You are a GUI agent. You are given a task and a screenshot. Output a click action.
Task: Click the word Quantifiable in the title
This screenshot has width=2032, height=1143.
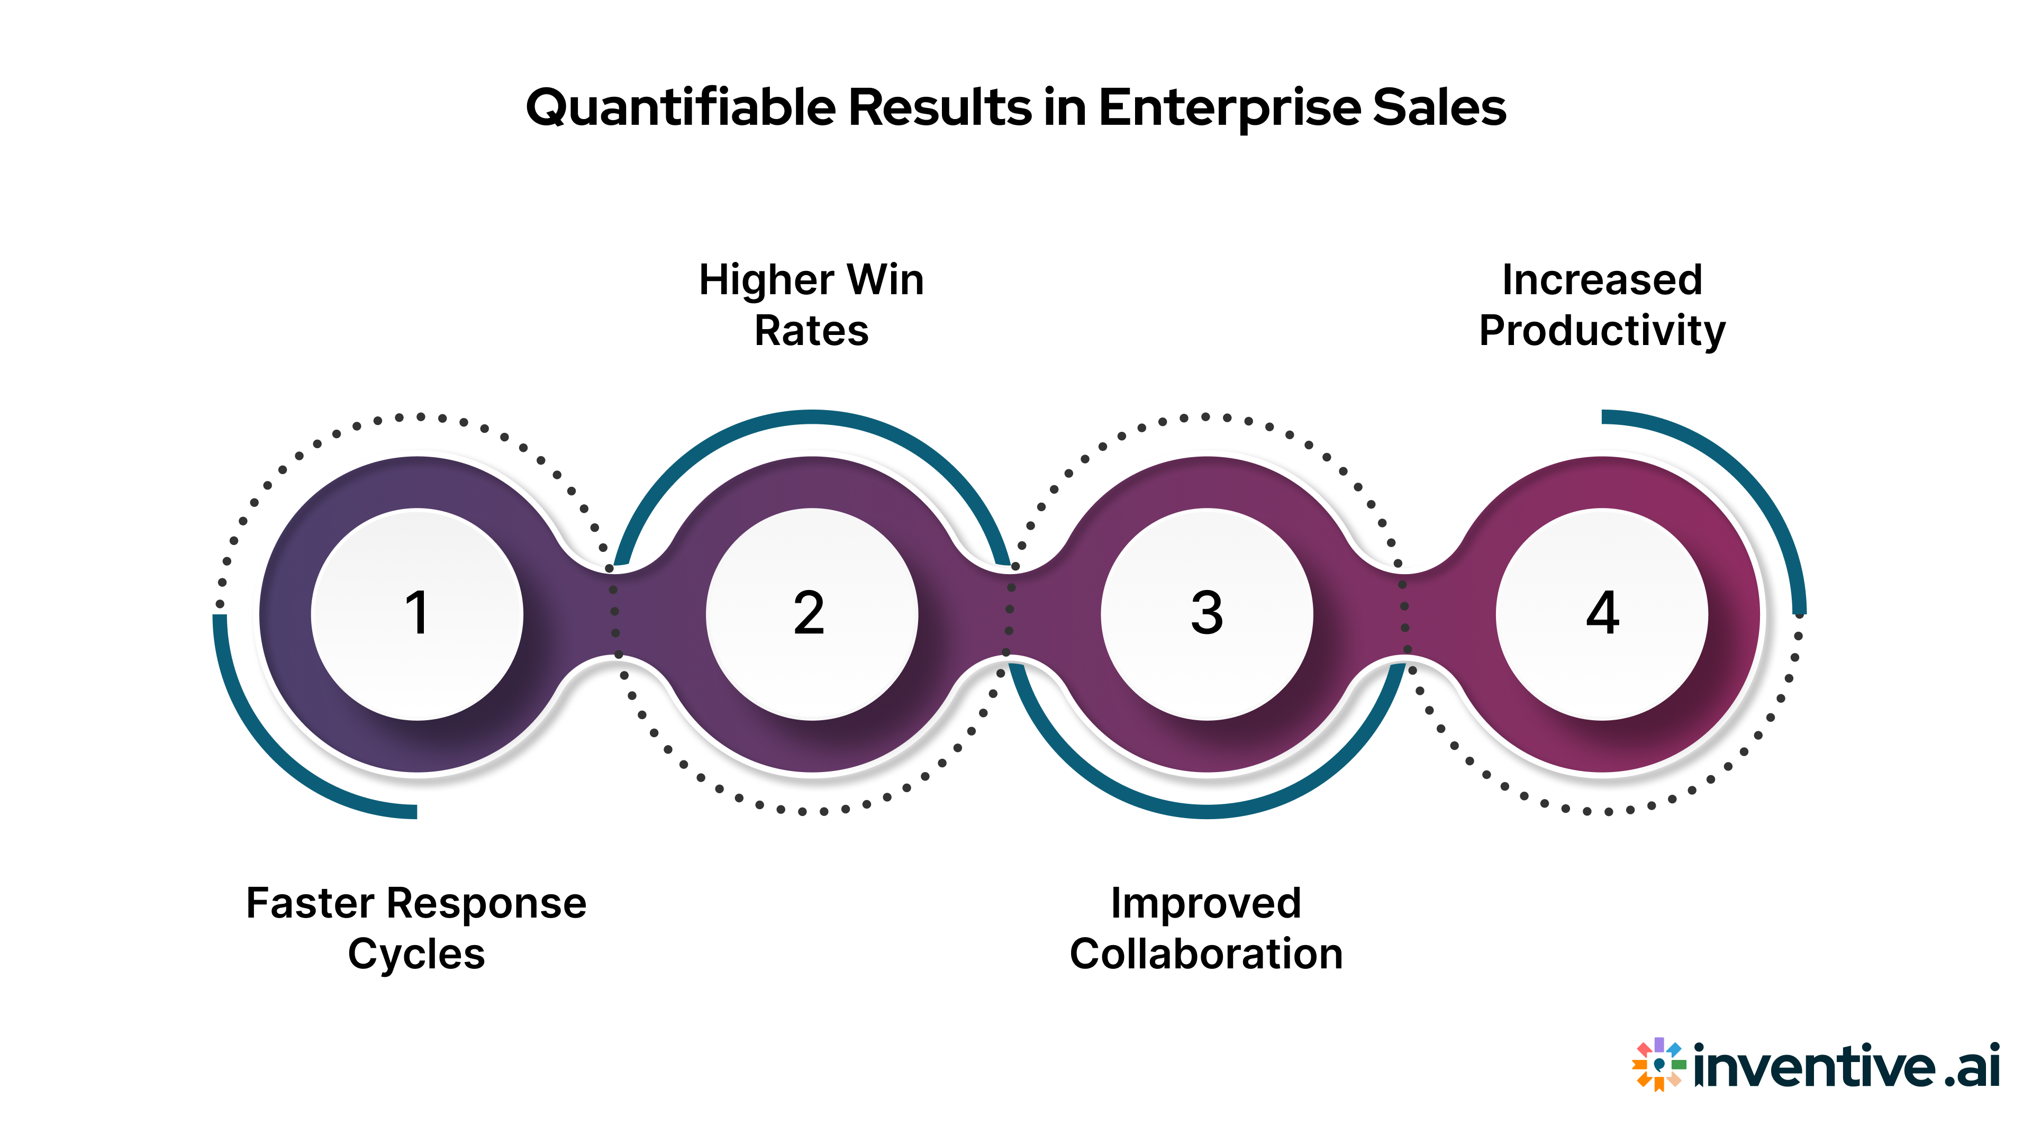[680, 108]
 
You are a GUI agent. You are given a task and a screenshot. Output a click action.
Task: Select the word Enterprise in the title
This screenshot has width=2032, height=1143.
[1230, 108]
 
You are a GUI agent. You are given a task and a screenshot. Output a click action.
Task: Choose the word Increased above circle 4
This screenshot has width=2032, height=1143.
[1602, 280]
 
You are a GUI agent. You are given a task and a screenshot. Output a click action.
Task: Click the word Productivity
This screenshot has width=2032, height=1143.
[1602, 331]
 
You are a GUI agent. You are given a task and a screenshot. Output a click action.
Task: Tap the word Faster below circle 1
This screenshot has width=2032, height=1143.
[310, 903]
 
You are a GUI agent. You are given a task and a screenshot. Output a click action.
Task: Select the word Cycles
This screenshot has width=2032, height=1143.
[416, 955]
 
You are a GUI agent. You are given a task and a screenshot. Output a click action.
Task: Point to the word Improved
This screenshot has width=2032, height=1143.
[1206, 904]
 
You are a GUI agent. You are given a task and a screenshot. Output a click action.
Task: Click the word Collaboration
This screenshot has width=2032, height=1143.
[1206, 955]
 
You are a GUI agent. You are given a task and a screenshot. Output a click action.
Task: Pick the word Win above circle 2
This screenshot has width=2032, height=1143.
[885, 280]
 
